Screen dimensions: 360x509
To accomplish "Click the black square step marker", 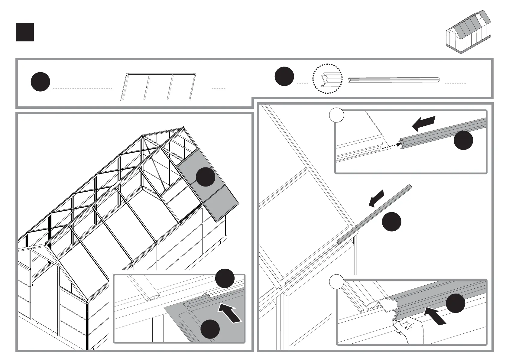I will [25, 32].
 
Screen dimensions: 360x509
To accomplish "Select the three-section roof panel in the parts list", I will [158, 86].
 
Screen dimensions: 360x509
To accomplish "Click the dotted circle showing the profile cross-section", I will [327, 79].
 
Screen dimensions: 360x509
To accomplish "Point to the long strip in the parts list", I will [394, 80].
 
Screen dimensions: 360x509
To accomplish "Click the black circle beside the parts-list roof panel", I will [40, 82].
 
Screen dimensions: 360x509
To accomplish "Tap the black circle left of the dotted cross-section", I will [284, 76].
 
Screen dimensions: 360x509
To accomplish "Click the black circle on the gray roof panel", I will [206, 177].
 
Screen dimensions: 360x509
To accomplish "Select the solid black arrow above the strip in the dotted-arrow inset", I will [424, 123].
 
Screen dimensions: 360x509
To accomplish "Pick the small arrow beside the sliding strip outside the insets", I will [376, 198].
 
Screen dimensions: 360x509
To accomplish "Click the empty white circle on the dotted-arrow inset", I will [337, 115].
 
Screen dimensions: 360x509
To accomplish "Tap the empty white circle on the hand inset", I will [337, 282].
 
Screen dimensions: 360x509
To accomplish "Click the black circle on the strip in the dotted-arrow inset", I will [463, 140].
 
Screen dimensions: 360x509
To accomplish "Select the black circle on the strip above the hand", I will [456, 303].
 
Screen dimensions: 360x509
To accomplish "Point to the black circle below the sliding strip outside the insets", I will [392, 222].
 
